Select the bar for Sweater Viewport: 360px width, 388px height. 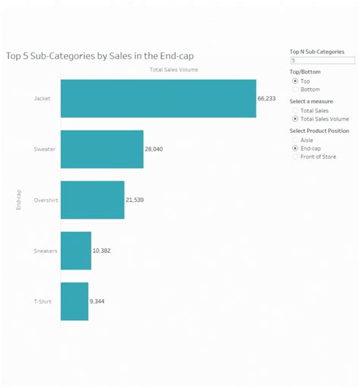point(102,149)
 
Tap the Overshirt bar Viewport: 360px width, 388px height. point(92,200)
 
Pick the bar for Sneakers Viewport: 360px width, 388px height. point(75,251)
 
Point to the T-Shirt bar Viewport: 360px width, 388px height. point(74,301)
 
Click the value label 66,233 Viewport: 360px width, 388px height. point(267,99)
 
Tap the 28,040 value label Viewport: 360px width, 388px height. point(154,150)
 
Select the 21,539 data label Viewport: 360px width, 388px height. point(135,200)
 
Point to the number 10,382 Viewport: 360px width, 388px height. point(102,251)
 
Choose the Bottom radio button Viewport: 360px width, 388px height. point(295,90)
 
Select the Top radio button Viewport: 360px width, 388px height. point(295,80)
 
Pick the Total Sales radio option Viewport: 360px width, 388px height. point(295,110)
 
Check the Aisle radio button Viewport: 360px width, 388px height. point(295,140)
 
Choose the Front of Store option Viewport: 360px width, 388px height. point(295,157)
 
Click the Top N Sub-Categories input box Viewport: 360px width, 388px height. point(322,60)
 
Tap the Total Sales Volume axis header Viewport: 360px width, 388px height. point(175,70)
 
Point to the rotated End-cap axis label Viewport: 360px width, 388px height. point(18,200)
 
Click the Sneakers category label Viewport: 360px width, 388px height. point(45,251)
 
